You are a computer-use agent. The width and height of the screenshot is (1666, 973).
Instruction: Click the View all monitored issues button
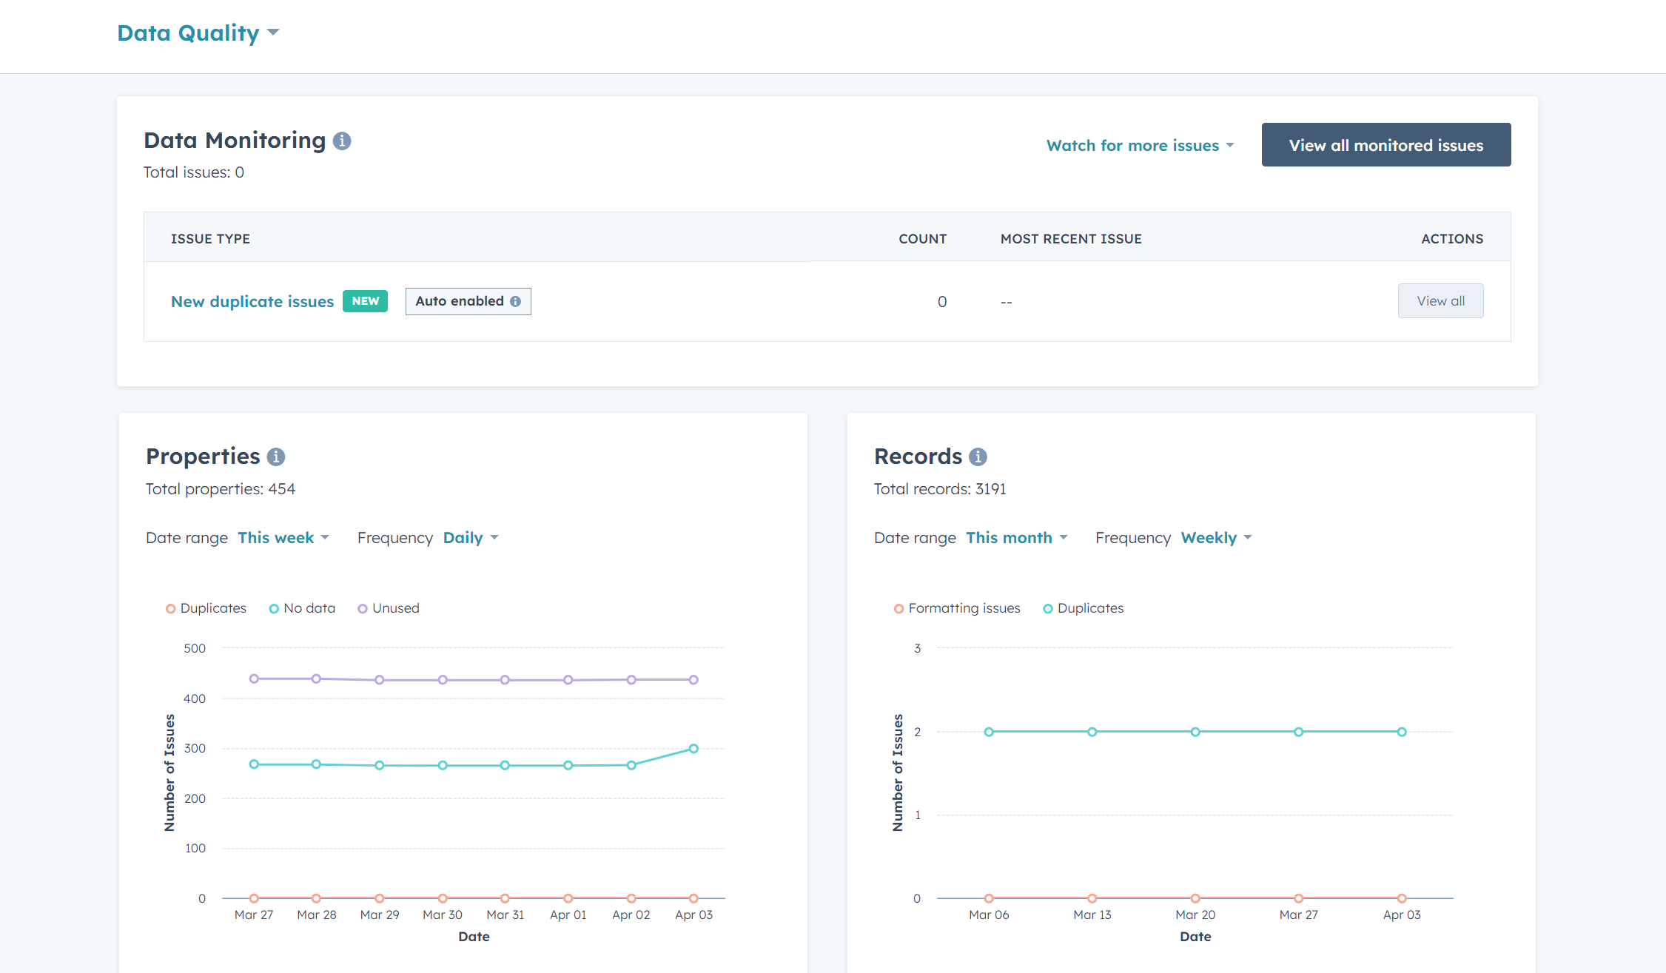pos(1385,145)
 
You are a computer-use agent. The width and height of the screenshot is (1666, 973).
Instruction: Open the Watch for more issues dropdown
pos(1140,146)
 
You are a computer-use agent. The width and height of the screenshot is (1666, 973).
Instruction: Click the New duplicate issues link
pos(252,302)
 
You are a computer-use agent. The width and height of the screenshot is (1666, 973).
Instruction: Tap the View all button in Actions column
pos(1440,301)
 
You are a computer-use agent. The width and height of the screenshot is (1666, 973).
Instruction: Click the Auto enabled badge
pos(468,301)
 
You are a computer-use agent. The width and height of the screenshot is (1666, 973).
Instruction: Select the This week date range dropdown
pos(283,538)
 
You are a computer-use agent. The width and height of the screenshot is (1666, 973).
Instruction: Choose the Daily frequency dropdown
pos(471,538)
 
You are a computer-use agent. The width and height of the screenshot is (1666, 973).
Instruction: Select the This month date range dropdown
pos(1016,538)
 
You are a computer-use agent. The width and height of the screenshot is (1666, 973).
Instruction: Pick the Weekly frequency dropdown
pos(1216,538)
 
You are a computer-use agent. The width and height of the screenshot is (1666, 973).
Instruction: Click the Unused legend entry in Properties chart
pos(389,608)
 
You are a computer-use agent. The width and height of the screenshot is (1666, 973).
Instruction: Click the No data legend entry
pos(302,608)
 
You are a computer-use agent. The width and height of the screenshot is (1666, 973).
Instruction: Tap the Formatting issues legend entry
pos(957,608)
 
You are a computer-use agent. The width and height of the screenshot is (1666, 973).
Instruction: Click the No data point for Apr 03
pos(693,749)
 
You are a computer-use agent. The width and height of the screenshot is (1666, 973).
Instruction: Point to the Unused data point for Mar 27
pos(254,679)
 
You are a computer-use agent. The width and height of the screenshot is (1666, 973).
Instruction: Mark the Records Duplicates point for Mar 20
pos(1195,732)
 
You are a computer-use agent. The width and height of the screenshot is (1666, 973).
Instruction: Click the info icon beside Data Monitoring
pos(342,141)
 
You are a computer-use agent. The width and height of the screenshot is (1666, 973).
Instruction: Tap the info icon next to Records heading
pos(978,457)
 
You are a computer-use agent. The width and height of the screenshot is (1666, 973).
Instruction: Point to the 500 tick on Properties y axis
pos(195,648)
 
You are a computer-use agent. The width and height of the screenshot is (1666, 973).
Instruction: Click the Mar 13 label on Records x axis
pos(1092,915)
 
